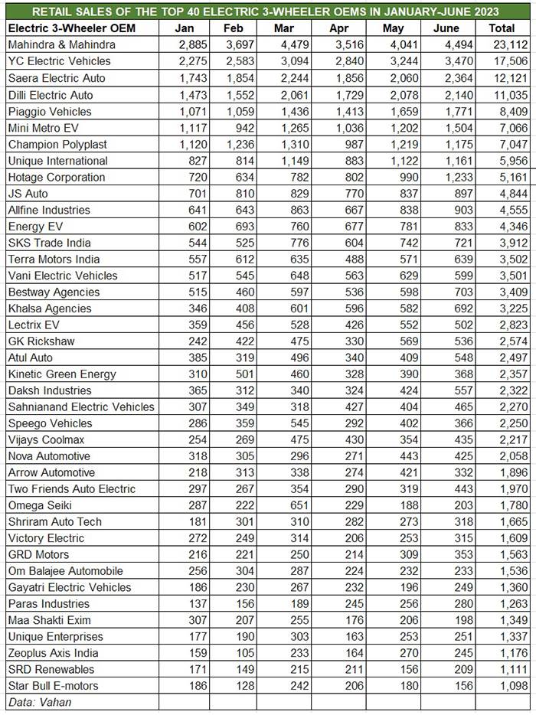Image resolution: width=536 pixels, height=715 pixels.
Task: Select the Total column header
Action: (x=506, y=28)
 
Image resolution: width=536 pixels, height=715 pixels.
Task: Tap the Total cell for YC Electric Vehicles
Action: (x=511, y=61)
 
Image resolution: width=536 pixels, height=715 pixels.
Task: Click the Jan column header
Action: (x=184, y=28)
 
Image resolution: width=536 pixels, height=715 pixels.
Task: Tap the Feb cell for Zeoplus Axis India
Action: (x=240, y=653)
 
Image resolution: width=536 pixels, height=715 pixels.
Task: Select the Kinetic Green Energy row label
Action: (x=62, y=374)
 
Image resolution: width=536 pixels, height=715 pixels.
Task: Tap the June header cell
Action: (x=446, y=28)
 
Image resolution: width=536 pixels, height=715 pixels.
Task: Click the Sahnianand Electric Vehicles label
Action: (x=80, y=406)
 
